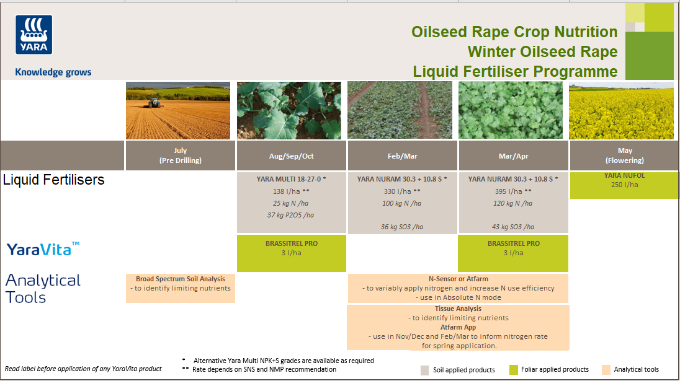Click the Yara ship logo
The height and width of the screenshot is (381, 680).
(x=34, y=35)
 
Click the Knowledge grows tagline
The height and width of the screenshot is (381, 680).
(x=53, y=72)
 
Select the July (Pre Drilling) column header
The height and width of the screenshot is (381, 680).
(x=181, y=155)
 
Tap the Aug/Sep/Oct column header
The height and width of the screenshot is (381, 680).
(x=292, y=156)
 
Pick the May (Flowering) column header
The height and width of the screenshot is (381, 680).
(x=625, y=155)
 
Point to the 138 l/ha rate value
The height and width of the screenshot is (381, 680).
(x=291, y=191)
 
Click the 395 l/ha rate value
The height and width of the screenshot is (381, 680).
(x=512, y=191)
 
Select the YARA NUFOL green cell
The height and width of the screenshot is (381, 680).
(x=624, y=185)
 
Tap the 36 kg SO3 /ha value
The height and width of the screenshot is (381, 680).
(x=401, y=227)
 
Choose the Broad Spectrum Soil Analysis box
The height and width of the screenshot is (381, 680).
(x=181, y=287)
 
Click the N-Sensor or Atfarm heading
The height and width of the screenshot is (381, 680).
(x=459, y=279)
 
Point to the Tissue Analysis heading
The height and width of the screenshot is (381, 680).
(x=459, y=309)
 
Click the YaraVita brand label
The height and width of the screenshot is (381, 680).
(x=43, y=249)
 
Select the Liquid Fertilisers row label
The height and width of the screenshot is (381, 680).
(x=54, y=180)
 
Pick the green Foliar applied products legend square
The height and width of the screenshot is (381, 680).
(x=514, y=370)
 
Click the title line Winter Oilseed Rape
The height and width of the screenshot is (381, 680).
(x=542, y=51)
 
